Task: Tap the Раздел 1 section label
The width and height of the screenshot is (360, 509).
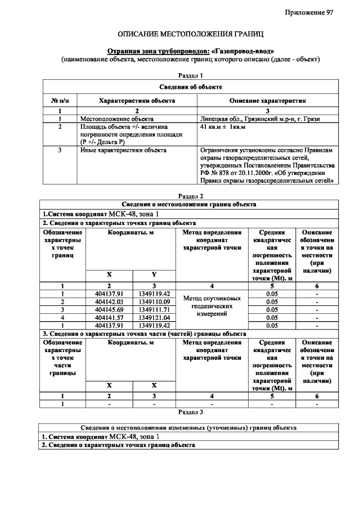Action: (190, 75)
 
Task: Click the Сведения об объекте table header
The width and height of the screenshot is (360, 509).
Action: (190, 87)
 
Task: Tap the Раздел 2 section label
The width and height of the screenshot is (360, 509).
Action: (190, 196)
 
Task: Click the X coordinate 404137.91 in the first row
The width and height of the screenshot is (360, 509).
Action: (109, 294)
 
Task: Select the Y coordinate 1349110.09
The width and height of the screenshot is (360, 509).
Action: (154, 301)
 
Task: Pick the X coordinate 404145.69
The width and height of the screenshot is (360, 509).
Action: (109, 309)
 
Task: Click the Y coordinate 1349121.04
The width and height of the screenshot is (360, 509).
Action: (154, 317)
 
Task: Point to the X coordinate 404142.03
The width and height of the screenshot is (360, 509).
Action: (109, 301)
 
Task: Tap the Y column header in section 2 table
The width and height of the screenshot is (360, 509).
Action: (154, 274)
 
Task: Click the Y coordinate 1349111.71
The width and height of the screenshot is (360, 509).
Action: (154, 309)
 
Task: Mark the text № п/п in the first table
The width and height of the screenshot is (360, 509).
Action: (60, 101)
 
